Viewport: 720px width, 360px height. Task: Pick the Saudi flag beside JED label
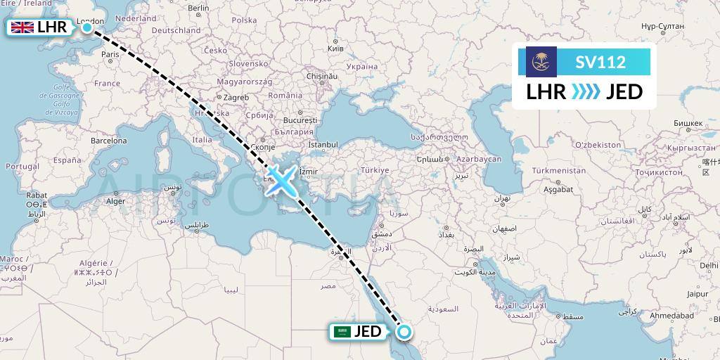(x=342, y=331)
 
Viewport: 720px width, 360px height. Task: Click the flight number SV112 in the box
(x=600, y=62)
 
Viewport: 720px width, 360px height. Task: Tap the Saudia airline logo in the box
(x=541, y=62)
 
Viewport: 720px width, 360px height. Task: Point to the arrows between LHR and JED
(x=585, y=92)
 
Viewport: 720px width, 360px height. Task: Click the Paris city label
(x=110, y=53)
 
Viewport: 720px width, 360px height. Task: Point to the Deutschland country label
(x=176, y=31)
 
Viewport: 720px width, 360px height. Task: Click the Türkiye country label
(x=375, y=170)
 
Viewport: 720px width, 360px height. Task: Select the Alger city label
(x=115, y=200)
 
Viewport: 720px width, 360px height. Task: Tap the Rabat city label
(x=36, y=195)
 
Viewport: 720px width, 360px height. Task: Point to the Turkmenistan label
(x=559, y=171)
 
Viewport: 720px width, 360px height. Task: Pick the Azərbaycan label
(x=479, y=159)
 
